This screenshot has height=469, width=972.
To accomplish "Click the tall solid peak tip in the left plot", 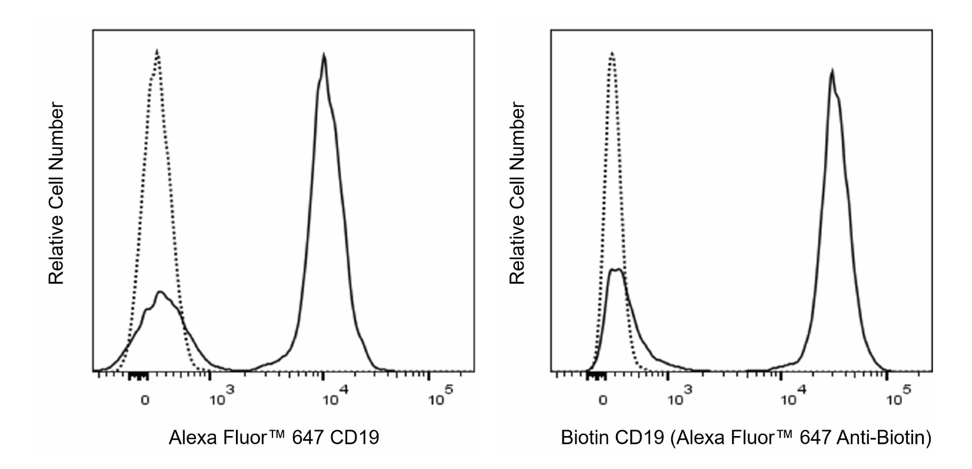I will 324,55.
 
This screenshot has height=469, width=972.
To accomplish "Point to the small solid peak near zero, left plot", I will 160,292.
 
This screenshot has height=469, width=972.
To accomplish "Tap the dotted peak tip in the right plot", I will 612,53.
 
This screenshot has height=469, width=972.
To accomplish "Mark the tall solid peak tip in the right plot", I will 831,71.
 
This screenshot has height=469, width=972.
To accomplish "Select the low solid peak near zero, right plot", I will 616,270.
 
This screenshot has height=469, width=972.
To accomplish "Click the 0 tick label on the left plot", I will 145,401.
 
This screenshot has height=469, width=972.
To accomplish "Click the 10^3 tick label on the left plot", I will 221,397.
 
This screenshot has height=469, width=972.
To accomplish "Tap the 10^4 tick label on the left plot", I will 335,397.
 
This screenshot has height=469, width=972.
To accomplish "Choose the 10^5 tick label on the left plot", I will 440,397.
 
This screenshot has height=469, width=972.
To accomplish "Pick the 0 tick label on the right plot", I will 602,401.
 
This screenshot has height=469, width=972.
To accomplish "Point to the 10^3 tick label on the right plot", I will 680,397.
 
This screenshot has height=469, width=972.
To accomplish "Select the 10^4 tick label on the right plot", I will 793,397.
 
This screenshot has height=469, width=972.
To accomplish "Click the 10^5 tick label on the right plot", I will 898,397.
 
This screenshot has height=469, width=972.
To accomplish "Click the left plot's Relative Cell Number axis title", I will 56,193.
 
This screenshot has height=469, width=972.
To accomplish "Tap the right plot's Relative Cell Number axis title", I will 517,193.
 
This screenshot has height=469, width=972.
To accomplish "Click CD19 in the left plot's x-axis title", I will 355,438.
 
